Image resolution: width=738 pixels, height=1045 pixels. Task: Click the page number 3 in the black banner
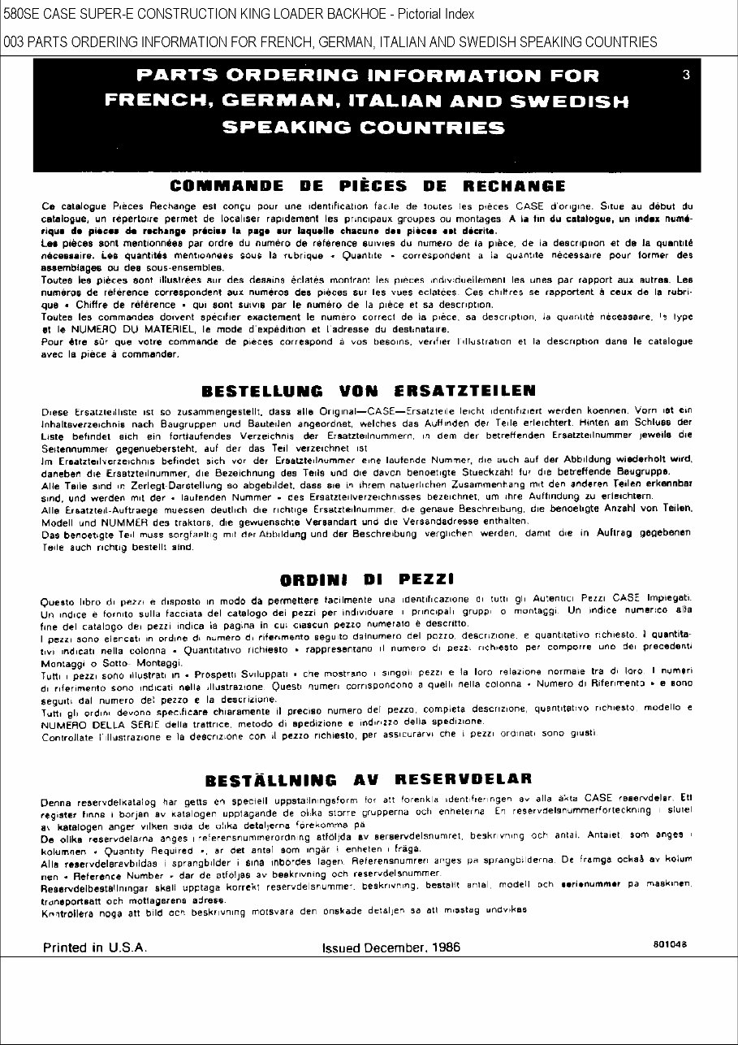[686, 76]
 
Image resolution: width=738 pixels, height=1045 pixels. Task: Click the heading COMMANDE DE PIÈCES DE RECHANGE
[368, 186]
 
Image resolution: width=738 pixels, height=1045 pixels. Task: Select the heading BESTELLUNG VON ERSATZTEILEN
[368, 391]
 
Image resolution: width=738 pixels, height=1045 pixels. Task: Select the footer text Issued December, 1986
[391, 947]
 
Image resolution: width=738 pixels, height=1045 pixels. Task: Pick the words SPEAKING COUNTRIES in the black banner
[363, 128]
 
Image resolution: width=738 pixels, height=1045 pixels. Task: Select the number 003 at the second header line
[14, 42]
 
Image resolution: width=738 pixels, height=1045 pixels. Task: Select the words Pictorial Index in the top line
[434, 15]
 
